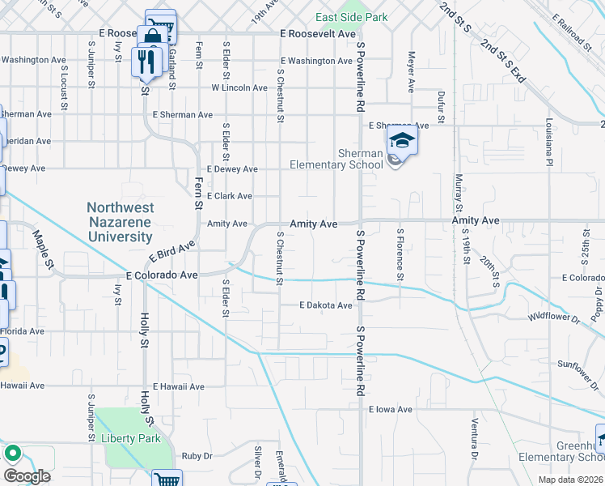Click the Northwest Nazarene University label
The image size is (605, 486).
tap(120, 223)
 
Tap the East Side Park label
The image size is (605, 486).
tap(352, 18)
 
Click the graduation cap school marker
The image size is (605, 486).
tap(402, 140)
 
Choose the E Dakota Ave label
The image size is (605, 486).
tap(326, 305)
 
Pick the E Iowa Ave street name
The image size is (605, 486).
tap(390, 410)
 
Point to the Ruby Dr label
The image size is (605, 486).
tap(197, 456)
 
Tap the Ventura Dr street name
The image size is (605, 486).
tap(474, 443)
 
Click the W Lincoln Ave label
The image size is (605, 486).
tap(239, 87)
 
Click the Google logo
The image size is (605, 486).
tap(27, 476)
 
